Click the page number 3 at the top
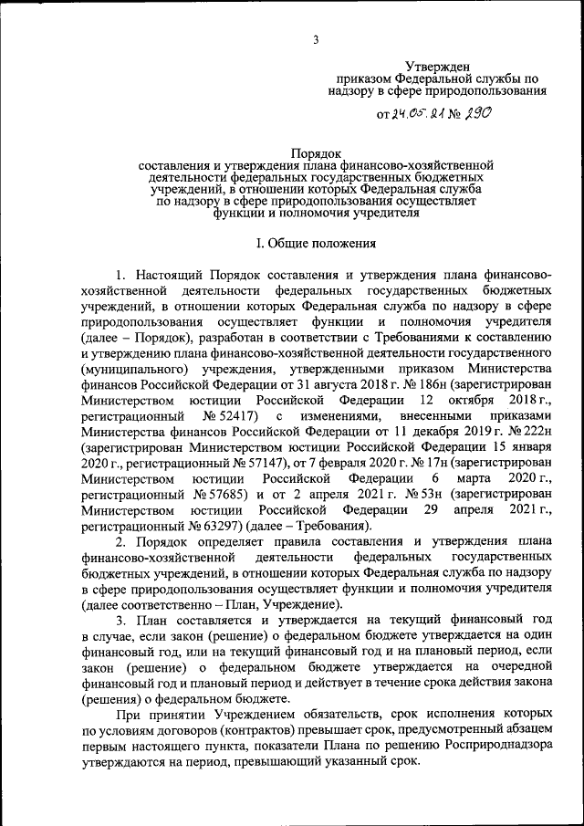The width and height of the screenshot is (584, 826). pyautogui.click(x=316, y=39)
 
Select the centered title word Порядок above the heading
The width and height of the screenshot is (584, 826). pyautogui.click(x=316, y=152)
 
